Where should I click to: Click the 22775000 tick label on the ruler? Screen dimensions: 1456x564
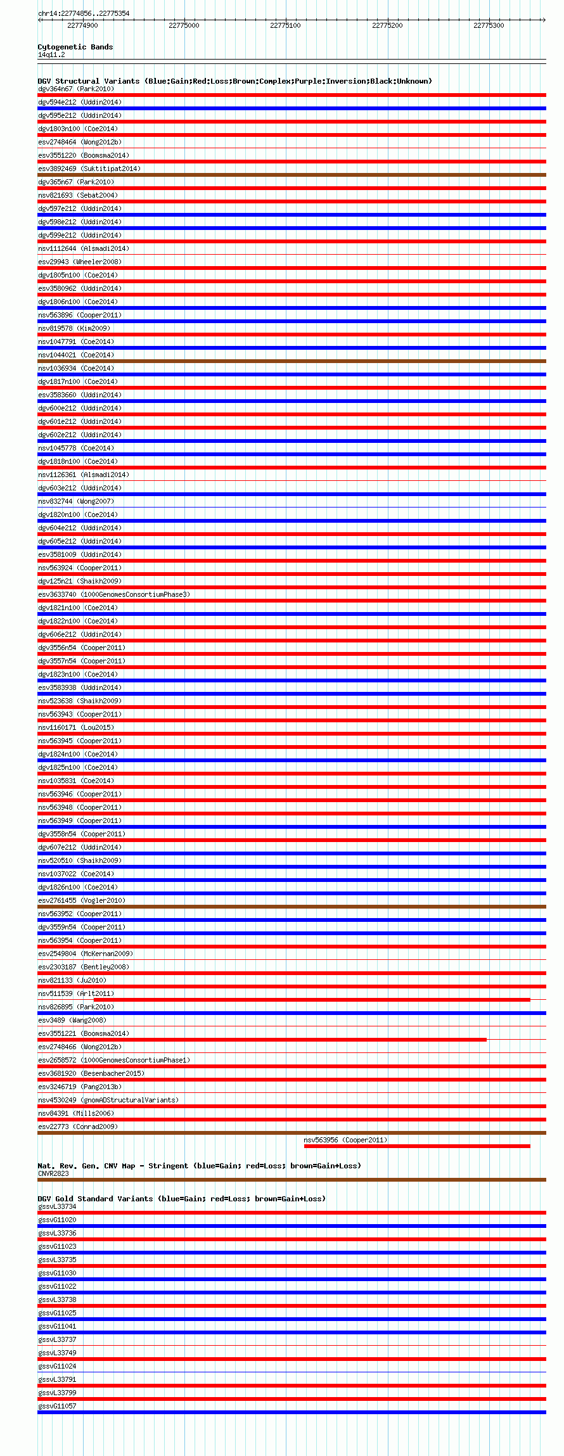184,25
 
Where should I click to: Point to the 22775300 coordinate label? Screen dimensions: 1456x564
489,25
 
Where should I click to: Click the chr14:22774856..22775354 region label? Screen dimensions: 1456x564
84,13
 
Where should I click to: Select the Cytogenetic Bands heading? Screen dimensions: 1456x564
75,47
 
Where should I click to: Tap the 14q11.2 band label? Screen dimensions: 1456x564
51,55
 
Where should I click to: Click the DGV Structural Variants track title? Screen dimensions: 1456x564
234,81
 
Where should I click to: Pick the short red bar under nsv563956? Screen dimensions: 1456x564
417,1146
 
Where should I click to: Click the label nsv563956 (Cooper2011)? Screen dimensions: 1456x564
345,1140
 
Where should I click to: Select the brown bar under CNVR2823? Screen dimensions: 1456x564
292,1180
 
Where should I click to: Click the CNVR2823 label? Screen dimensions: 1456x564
53,1173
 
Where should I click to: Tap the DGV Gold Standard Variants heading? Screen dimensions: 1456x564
181,1199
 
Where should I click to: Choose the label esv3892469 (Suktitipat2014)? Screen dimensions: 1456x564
89,169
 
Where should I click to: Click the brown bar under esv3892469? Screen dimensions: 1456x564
292,175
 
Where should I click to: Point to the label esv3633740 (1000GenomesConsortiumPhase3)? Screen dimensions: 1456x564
114,595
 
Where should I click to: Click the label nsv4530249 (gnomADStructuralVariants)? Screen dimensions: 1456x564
108,1100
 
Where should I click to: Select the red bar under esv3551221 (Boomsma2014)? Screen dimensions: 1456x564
262,1040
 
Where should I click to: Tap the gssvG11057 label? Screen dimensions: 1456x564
57,1406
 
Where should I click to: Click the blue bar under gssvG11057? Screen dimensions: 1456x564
292,1412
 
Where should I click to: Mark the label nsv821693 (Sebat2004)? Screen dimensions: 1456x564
78,196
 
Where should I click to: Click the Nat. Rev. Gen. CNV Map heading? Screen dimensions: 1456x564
199,1166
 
